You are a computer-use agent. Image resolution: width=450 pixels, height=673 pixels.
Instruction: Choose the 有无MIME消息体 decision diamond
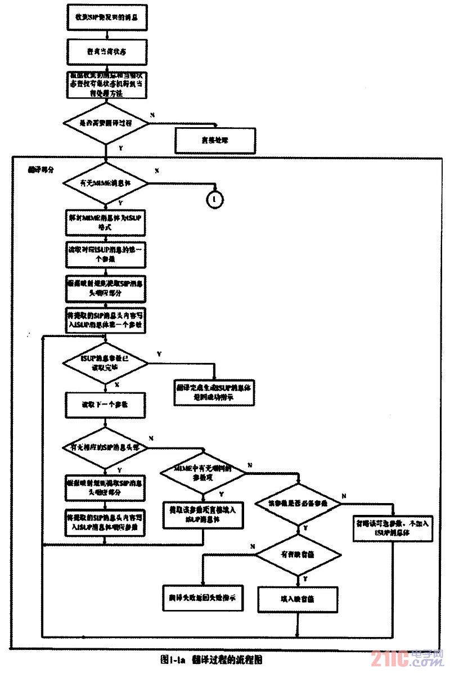[x=106, y=183]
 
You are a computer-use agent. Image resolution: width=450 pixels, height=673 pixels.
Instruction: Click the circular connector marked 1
[x=215, y=199]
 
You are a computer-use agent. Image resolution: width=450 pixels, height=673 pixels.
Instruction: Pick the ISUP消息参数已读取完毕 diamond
[x=106, y=362]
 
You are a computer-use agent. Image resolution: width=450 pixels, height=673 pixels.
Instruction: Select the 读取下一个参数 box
[x=106, y=405]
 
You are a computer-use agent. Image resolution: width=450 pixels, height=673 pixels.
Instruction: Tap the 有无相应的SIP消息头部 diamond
[x=106, y=447]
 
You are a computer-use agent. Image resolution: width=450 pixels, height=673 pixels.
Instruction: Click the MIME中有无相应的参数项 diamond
[x=202, y=473]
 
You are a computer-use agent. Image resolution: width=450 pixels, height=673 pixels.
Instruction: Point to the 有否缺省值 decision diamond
[x=298, y=554]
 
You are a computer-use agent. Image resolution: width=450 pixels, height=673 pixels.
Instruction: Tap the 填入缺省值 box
[x=298, y=599]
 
